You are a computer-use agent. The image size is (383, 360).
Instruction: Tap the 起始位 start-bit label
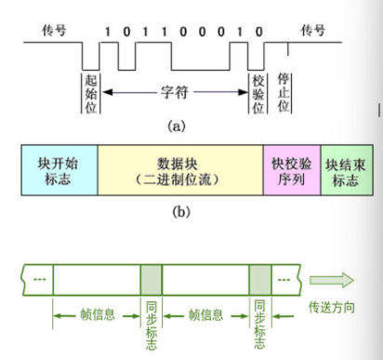coord(90,93)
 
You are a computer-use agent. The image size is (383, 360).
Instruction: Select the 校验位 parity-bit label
coord(259,93)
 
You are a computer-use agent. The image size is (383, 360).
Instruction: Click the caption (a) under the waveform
coord(175,123)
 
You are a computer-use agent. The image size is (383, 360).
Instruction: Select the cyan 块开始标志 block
coord(59,167)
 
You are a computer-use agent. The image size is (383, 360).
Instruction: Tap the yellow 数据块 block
coord(179,167)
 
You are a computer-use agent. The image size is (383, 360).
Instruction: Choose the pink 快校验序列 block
coord(291,167)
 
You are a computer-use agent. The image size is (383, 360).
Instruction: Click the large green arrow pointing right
coord(332,278)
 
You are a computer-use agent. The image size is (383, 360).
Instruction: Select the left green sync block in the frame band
coord(152,278)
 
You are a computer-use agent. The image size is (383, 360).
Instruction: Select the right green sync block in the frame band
coord(260,278)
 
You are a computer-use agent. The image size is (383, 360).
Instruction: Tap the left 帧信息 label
coord(97,314)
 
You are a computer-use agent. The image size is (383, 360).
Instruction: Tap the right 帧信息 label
coord(206,314)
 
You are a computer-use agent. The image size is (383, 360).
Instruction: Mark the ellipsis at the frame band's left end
coord(37,278)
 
